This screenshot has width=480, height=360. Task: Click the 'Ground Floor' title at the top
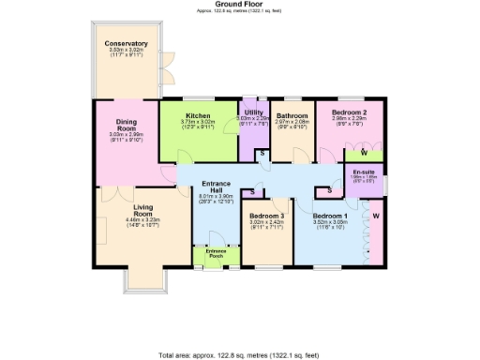[x=239, y=5]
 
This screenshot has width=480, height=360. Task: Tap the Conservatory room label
[x=126, y=43]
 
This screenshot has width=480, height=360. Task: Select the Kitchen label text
[x=197, y=115]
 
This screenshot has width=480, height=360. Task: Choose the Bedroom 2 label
[x=348, y=112]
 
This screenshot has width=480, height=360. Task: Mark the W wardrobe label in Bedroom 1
[x=376, y=217]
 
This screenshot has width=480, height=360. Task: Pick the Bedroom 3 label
[x=267, y=217]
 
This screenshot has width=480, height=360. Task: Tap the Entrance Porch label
[x=216, y=253]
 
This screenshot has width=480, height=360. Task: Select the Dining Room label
[x=126, y=125]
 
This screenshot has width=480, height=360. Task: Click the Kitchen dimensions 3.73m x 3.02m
[x=197, y=122]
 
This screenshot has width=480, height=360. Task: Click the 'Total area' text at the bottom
[x=239, y=355]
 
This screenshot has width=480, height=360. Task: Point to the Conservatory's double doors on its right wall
[x=164, y=67]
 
